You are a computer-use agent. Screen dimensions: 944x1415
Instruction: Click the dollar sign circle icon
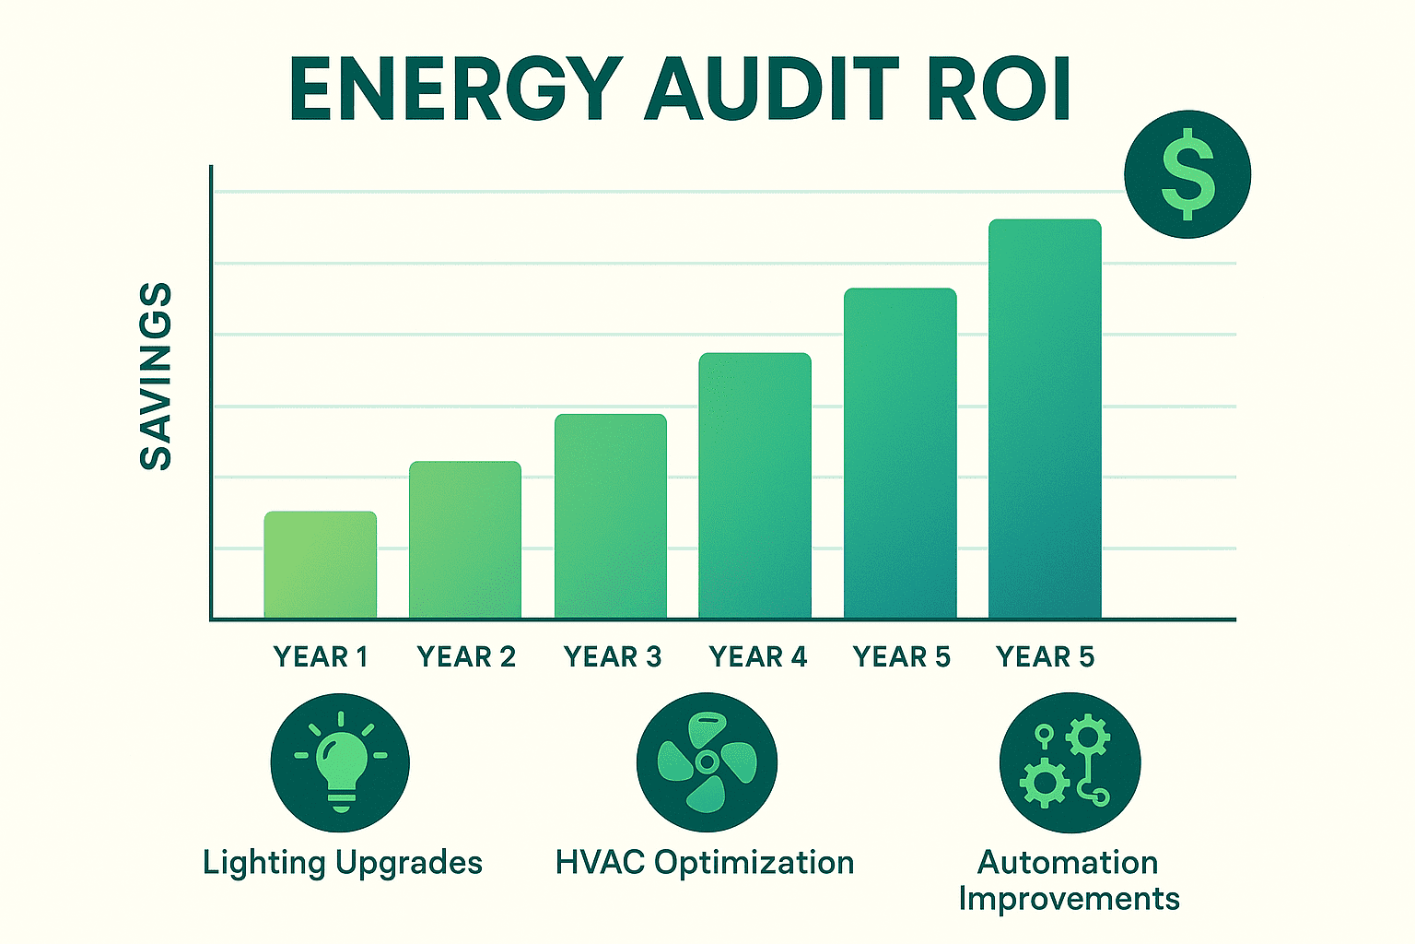1187,174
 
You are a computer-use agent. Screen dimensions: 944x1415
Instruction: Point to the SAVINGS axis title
156,376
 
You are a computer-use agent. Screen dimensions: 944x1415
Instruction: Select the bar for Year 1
320,564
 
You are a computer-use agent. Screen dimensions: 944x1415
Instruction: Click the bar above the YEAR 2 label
465,539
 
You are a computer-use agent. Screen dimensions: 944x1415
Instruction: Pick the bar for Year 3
610,516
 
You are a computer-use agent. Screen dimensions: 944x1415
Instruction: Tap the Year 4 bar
754,486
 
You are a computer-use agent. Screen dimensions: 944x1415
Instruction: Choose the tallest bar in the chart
1045,419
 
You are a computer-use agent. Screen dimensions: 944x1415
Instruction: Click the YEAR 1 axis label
320,656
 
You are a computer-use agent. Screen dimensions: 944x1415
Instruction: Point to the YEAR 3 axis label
612,656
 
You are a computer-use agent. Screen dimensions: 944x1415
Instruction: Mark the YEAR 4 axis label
757,656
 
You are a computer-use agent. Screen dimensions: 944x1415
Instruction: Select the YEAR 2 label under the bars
466,656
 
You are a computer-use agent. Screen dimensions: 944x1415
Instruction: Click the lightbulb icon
340,762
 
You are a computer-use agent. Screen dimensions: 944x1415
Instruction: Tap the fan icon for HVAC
707,762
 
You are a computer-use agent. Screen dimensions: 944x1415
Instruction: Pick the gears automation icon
1070,762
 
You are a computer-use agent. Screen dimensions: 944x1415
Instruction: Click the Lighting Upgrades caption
343,863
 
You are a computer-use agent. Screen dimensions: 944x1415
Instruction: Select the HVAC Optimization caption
705,863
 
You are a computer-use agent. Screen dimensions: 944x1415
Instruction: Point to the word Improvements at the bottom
1069,899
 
